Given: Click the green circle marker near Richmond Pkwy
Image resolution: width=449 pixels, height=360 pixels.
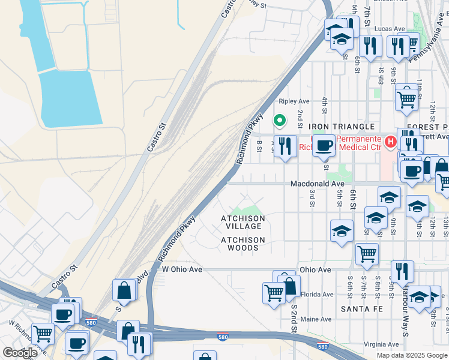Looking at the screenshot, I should [279, 120].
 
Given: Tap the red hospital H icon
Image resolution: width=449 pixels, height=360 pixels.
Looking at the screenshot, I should [390, 142].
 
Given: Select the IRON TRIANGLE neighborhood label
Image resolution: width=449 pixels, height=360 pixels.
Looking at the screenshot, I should [342, 127].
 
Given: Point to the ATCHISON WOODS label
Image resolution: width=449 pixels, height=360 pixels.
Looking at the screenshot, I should [243, 244].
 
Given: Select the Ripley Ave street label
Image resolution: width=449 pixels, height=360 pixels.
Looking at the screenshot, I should [294, 101].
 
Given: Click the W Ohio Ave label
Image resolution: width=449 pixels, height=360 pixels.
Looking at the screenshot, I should [182, 269].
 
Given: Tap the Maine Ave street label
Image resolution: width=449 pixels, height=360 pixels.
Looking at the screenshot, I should [316, 319].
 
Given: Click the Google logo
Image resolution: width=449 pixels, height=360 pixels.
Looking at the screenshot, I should [20, 353].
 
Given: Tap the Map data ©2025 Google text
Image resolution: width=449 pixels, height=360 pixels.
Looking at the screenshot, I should [411, 355].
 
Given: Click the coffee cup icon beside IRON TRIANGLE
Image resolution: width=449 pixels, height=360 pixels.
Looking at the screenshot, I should [324, 145].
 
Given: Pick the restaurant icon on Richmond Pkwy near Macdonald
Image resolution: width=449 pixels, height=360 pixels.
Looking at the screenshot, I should [285, 146].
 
